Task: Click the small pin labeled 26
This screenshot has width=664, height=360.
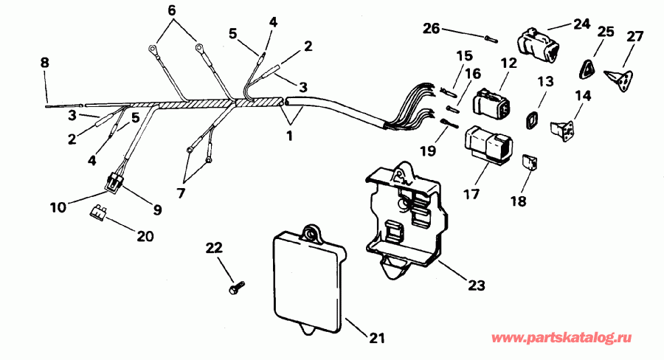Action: pyautogui.click(x=490, y=38)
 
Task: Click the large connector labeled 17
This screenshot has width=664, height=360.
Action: pyautogui.click(x=484, y=145)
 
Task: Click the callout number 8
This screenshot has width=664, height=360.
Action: pyautogui.click(x=45, y=63)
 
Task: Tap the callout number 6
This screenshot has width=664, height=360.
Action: pyautogui.click(x=172, y=10)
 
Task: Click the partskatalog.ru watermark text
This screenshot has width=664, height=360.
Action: pyautogui.click(x=562, y=338)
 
